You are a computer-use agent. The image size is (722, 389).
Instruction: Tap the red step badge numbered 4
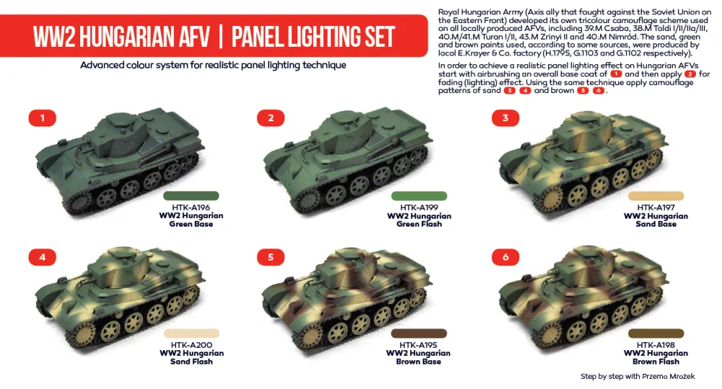tap(43, 256)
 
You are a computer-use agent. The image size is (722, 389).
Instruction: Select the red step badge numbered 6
tap(506, 256)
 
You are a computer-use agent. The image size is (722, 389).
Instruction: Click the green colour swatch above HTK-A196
tap(191, 196)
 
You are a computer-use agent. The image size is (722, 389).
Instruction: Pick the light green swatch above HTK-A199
tap(419, 196)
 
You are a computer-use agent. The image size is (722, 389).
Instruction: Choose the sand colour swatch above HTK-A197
tap(656, 196)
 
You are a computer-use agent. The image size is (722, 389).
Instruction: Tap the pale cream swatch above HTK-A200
tap(191, 333)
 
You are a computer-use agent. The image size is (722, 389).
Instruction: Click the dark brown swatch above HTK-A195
tap(419, 333)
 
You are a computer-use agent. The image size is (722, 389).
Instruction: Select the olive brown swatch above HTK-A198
tap(656, 333)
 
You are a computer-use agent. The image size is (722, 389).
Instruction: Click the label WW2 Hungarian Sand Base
tap(656, 220)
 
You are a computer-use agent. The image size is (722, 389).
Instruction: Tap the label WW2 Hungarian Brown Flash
tap(656, 358)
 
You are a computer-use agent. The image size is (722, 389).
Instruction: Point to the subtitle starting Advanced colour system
tap(213, 65)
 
